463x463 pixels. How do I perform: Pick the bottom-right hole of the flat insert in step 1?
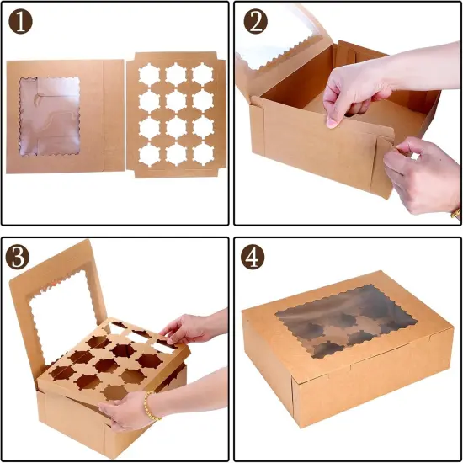(203, 153)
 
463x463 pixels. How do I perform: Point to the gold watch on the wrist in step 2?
(455, 212)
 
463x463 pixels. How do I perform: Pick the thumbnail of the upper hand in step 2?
(332, 120)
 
